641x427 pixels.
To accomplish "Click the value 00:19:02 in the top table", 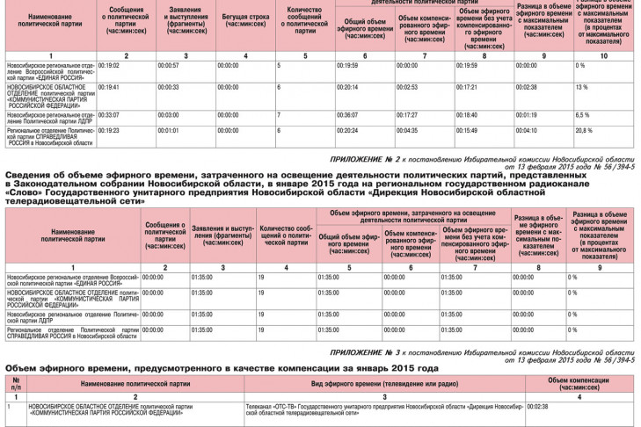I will pyautogui.click(x=109, y=66).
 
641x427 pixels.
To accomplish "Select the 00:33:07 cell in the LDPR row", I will pyautogui.click(x=109, y=114).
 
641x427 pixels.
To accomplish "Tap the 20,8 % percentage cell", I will pyautogui.click(x=584, y=130).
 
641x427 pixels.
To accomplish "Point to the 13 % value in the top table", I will pyautogui.click(x=581, y=88).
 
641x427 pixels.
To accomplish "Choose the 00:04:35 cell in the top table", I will pyautogui.click(x=407, y=130).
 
